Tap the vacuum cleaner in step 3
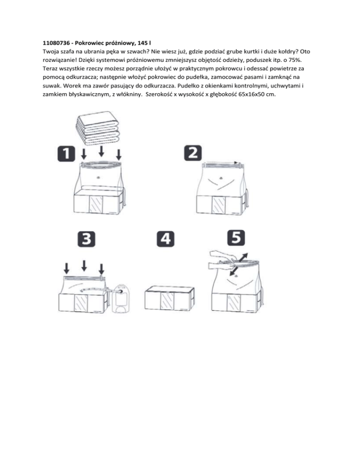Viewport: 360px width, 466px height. point(121,298)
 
